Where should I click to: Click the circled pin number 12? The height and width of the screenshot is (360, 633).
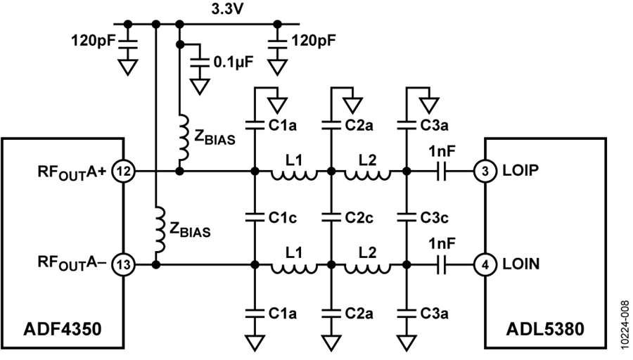pyautogui.click(x=124, y=172)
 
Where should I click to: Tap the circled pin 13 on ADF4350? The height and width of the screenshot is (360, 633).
pyautogui.click(x=124, y=265)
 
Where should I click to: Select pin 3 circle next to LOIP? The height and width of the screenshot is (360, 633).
pyautogui.click(x=485, y=172)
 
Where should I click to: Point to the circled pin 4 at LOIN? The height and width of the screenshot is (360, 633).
pyautogui.click(x=485, y=265)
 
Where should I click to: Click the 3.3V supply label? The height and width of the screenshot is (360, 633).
pyautogui.click(x=227, y=9)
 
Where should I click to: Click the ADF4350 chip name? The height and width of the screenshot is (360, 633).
pyautogui.click(x=63, y=329)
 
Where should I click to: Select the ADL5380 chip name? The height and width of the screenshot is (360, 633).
pyautogui.click(x=545, y=329)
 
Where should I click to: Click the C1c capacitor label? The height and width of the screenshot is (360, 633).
pyautogui.click(x=283, y=218)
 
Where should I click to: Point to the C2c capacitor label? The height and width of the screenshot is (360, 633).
pyautogui.click(x=359, y=218)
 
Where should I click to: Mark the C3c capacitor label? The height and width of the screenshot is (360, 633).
pyautogui.click(x=435, y=218)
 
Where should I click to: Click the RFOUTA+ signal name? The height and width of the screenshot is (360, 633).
pyautogui.click(x=72, y=172)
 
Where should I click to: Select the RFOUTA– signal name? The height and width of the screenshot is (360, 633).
pyautogui.click(x=72, y=263)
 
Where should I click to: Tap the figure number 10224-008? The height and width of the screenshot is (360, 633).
pyautogui.click(x=625, y=327)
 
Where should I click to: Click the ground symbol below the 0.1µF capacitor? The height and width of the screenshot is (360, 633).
pyautogui.click(x=200, y=86)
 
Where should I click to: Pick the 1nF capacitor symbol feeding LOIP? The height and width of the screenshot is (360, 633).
pyautogui.click(x=442, y=172)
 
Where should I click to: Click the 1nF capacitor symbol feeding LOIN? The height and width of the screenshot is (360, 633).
pyautogui.click(x=442, y=265)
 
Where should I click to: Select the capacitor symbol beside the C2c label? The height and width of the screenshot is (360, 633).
pyautogui.click(x=331, y=218)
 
